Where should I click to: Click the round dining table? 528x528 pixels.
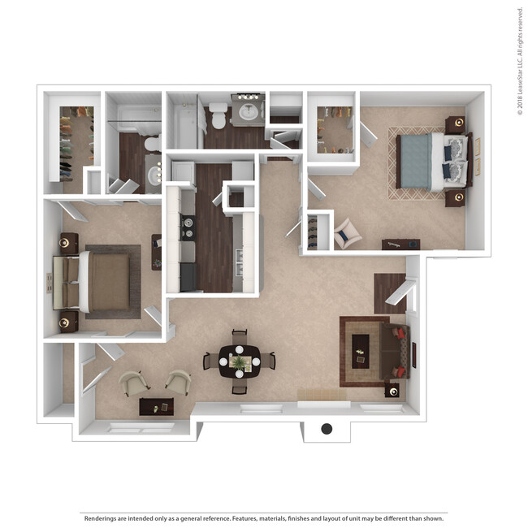pos(240,362)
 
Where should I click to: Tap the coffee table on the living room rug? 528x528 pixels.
pos(361,351)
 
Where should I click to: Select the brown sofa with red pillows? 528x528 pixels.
pos(394,351)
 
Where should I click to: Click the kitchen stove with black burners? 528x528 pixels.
pos(188,227)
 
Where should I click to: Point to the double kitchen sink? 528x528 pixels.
pos(239,262)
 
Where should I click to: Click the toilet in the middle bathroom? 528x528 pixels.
pos(218,115)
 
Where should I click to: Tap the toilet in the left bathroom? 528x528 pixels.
pos(154,144)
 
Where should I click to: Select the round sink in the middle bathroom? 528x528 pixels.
pos(249,112)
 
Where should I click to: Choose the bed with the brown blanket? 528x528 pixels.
pos(92,281)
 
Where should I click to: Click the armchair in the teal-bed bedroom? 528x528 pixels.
pos(347,234)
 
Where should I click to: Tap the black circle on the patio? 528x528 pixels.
pos(327,429)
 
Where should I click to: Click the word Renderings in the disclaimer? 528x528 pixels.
pos(100,518)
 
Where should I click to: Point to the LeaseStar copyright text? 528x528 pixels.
pos(520,61)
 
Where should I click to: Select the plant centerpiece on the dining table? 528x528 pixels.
pos(240,362)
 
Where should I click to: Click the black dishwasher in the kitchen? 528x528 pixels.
pos(188,277)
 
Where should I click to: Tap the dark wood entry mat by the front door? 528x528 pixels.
pos(390,293)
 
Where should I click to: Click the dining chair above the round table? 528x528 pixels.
pos(240,336)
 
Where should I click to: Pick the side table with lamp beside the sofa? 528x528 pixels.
pos(392,391)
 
